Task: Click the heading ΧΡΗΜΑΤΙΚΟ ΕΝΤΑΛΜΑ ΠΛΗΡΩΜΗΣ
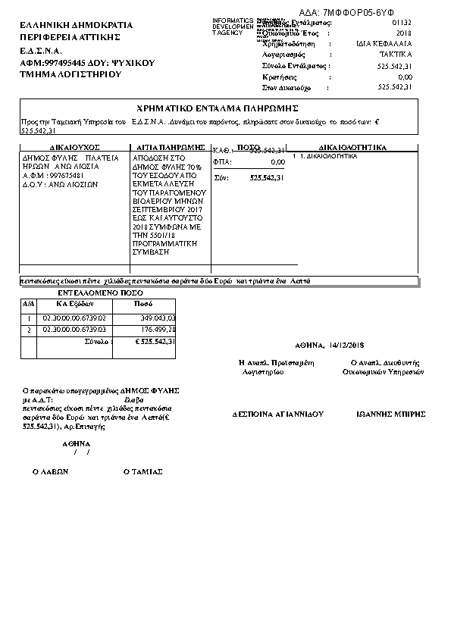point(218,108)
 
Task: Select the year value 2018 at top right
point(404,34)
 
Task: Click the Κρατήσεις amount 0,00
point(404,77)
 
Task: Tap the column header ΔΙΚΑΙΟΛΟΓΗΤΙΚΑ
point(353,146)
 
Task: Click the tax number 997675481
point(64,174)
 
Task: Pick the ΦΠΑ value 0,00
point(277,162)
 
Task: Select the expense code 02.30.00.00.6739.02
point(75,318)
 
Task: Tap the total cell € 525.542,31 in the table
point(155,342)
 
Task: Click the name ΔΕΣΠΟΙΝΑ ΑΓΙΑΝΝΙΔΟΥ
point(277,415)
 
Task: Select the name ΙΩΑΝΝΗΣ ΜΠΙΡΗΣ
point(390,415)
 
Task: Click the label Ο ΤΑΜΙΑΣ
point(143,471)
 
